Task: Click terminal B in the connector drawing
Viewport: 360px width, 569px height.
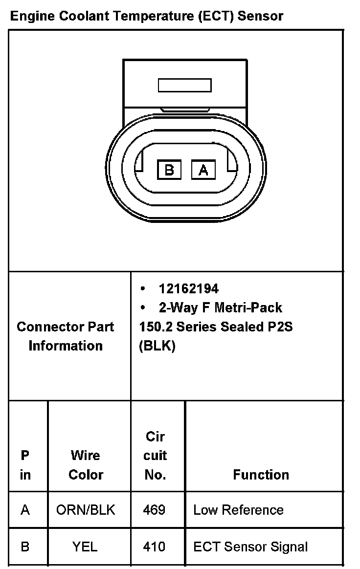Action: tap(169, 170)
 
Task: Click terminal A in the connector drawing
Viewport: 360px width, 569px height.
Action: tap(203, 170)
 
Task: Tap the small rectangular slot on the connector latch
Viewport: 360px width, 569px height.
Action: tap(184, 86)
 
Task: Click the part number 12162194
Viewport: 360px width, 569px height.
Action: tap(188, 289)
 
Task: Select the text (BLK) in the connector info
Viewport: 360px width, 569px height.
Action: tap(157, 346)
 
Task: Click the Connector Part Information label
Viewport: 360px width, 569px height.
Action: tap(66, 336)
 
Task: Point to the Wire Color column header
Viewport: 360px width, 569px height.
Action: tap(86, 465)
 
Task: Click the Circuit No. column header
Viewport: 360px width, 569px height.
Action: tap(156, 455)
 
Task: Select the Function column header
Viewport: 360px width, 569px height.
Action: tap(261, 475)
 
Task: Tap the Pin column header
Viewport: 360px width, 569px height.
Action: tap(25, 465)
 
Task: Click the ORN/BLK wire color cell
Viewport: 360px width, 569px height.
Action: tap(86, 510)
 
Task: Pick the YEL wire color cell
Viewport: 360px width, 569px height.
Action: tap(85, 546)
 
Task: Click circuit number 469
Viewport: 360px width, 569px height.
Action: tap(154, 510)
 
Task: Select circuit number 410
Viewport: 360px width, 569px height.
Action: tap(154, 546)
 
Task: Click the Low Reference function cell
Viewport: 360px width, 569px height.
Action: tap(238, 510)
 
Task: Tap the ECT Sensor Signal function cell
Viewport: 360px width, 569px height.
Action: tap(250, 546)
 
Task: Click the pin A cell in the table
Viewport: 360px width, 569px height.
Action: tap(25, 510)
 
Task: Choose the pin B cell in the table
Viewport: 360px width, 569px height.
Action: tap(25, 546)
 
